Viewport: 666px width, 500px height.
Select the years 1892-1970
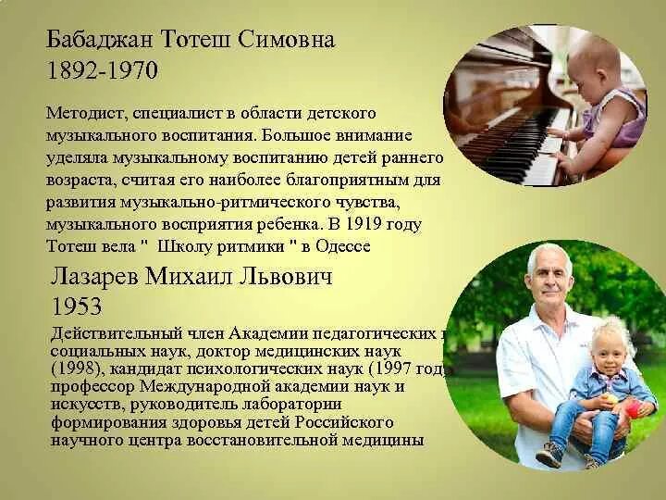(103, 70)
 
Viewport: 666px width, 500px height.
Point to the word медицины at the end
(381, 440)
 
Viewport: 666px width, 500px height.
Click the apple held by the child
(632, 407)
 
